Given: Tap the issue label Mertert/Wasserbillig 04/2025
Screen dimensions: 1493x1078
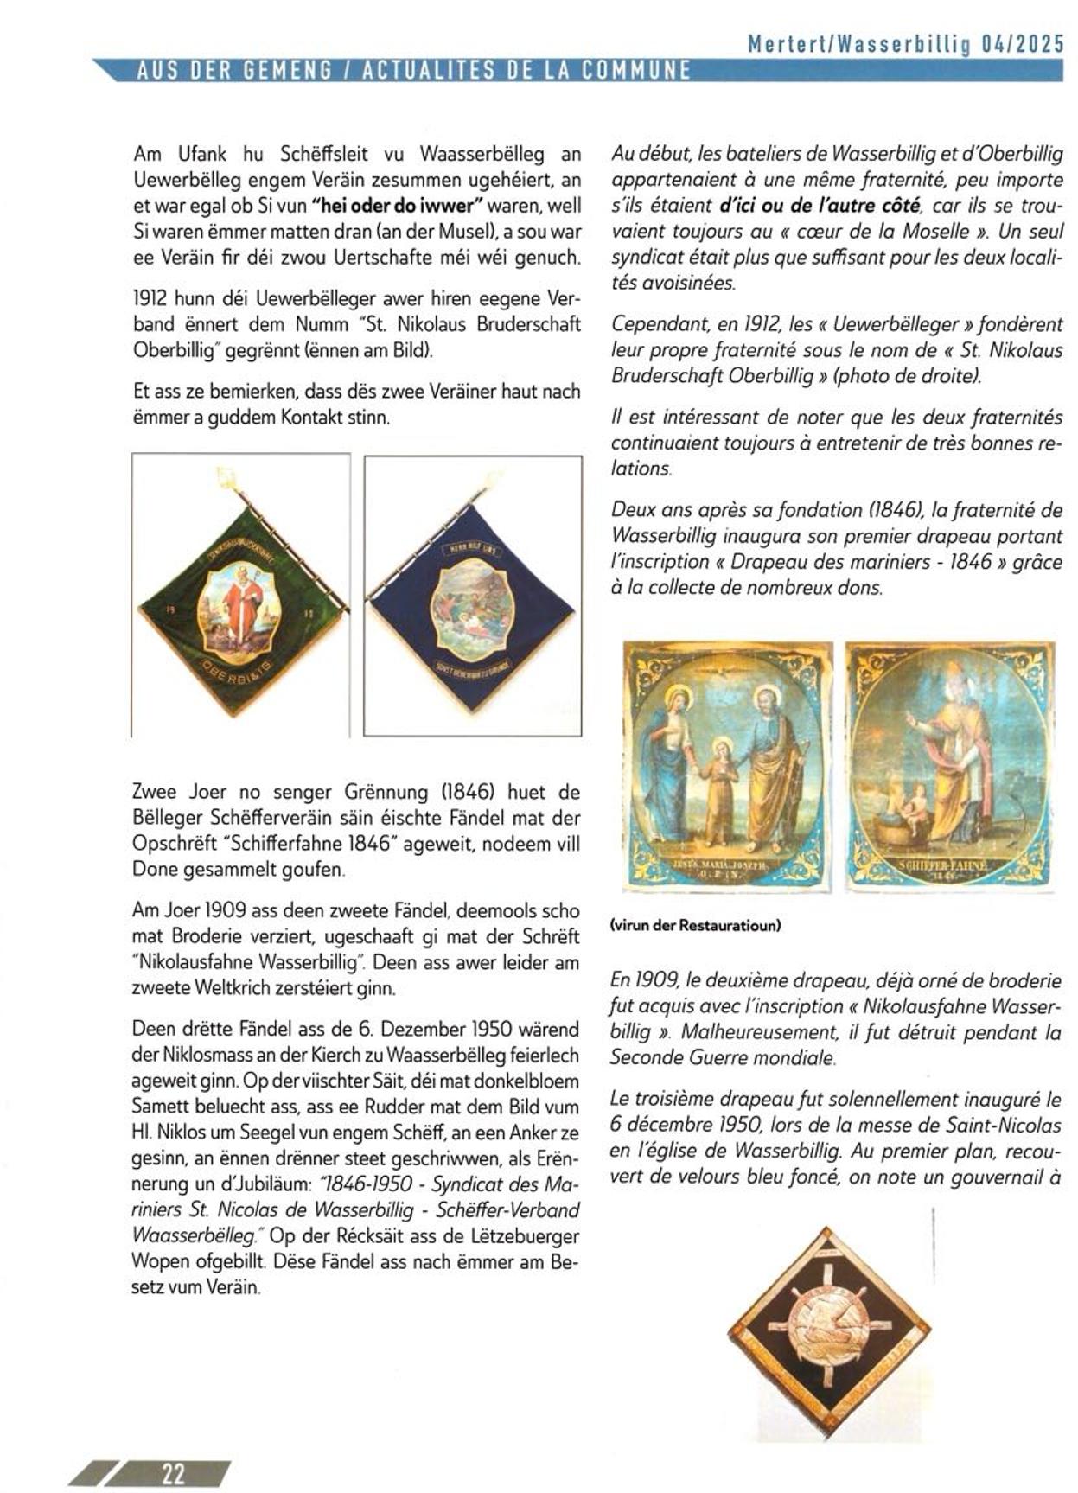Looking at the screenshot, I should (x=906, y=45).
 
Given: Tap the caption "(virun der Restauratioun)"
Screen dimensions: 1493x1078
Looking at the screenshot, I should (x=695, y=925).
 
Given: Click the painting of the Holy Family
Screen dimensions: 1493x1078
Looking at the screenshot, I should (x=728, y=766).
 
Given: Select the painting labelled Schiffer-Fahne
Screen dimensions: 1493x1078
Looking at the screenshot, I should (x=949, y=766).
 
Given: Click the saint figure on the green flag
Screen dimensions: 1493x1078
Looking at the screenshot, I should (x=242, y=605).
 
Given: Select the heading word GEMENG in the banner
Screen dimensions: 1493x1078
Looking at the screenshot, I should (x=290, y=72).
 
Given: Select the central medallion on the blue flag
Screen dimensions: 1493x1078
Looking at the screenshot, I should (x=471, y=609).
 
